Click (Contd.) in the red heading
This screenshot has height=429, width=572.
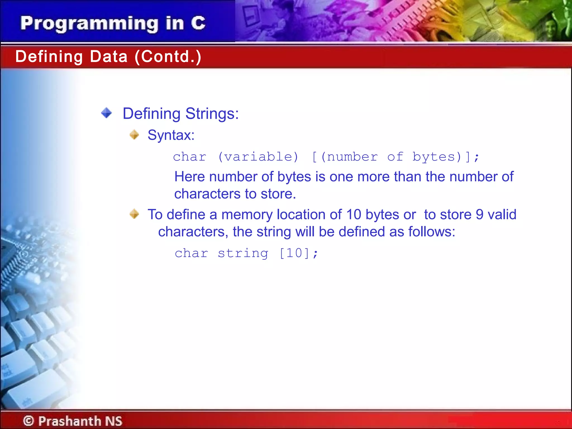pyautogui.click(x=168, y=57)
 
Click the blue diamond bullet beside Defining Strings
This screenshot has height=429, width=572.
pyautogui.click(x=106, y=113)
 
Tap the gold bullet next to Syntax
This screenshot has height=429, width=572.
pyautogui.click(x=134, y=135)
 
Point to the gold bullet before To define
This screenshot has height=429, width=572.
pyautogui.click(x=134, y=214)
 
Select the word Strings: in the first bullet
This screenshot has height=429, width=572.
pyautogui.click(x=212, y=114)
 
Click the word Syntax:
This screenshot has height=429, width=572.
pyautogui.click(x=171, y=135)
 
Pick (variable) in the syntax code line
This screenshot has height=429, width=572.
pyautogui.click(x=258, y=157)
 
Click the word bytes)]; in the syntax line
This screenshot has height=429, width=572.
pyautogui.click(x=446, y=157)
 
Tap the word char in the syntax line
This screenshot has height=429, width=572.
pyautogui.click(x=190, y=157)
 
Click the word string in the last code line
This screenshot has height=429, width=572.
pyautogui.click(x=243, y=253)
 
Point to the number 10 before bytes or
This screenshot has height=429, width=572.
pyautogui.click(x=354, y=214)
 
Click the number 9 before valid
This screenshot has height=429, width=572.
pyautogui.click(x=480, y=214)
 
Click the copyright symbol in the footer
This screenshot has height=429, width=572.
pyautogui.click(x=28, y=421)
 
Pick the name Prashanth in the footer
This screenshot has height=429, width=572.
pyautogui.click(x=70, y=421)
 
